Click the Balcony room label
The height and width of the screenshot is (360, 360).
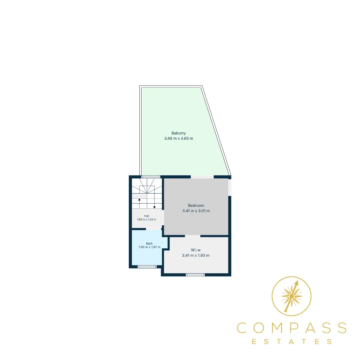pyautogui.click(x=178, y=133)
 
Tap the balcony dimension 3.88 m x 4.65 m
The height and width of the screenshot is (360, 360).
pyautogui.click(x=179, y=138)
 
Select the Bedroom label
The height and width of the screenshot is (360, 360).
pyautogui.click(x=196, y=206)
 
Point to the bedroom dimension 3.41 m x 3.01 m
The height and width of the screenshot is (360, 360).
pyautogui.click(x=196, y=211)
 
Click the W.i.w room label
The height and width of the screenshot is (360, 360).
pyautogui.click(x=196, y=250)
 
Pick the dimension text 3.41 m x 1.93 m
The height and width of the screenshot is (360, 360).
pyautogui.click(x=196, y=255)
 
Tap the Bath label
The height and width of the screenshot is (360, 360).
pyautogui.click(x=149, y=244)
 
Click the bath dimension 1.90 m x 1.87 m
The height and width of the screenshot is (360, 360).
pyautogui.click(x=149, y=247)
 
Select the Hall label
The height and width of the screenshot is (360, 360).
pyautogui.click(x=146, y=216)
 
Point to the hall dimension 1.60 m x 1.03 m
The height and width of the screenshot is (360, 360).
pyautogui.click(x=146, y=220)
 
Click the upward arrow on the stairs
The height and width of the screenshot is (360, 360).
pyautogui.click(x=139, y=204)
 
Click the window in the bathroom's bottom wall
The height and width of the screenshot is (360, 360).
pyautogui.click(x=147, y=267)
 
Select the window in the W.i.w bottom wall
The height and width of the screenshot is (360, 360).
pyautogui.click(x=195, y=275)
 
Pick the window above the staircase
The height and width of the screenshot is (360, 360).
pyautogui.click(x=151, y=177)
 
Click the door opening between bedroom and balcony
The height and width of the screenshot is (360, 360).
pyautogui.click(x=202, y=177)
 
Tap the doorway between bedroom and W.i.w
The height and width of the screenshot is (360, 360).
pyautogui.click(x=193, y=236)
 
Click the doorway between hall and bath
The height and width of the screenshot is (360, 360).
pyautogui.click(x=154, y=229)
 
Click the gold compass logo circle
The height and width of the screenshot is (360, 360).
pyautogui.click(x=291, y=276)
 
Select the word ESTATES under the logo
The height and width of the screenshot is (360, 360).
pyautogui.click(x=292, y=342)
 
